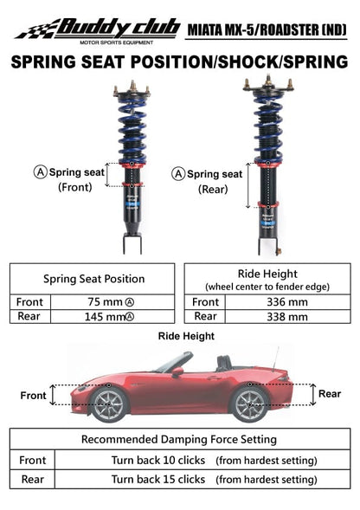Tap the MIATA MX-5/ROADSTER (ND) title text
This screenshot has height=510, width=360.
coord(267,30)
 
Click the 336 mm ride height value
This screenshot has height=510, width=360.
coord(286,302)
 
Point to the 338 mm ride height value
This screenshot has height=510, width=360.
coord(286,317)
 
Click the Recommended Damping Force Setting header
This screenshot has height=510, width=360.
coord(180,439)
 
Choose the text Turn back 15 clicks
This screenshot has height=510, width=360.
coord(157,479)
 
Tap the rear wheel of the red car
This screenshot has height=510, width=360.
coord(249,403)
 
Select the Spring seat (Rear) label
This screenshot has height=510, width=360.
coord(211,180)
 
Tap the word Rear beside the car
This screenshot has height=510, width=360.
coord(330,393)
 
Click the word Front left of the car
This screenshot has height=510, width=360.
coord(33,396)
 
